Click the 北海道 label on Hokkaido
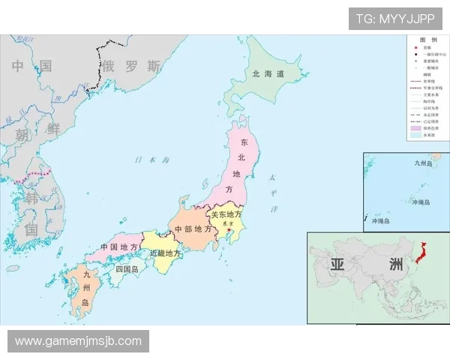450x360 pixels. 268,73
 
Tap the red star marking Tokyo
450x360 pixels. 230,229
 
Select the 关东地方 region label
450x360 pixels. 226,214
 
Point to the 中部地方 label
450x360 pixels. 193,229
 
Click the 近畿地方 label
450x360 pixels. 165,253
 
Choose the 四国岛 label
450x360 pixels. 127,268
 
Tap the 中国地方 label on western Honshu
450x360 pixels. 119,247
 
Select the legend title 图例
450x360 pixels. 427,39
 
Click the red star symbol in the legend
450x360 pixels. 413,46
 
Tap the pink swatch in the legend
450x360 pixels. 415,128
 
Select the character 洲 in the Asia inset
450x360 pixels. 395,264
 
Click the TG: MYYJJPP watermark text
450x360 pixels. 395,19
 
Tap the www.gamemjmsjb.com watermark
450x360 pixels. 78,341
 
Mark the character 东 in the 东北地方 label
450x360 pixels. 243,142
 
